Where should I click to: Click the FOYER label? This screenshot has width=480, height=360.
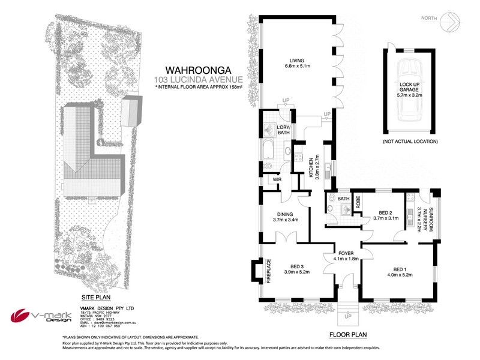point(346,256)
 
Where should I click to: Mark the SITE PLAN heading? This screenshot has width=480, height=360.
point(95,297)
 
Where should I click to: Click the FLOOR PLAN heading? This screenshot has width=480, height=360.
point(347,335)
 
